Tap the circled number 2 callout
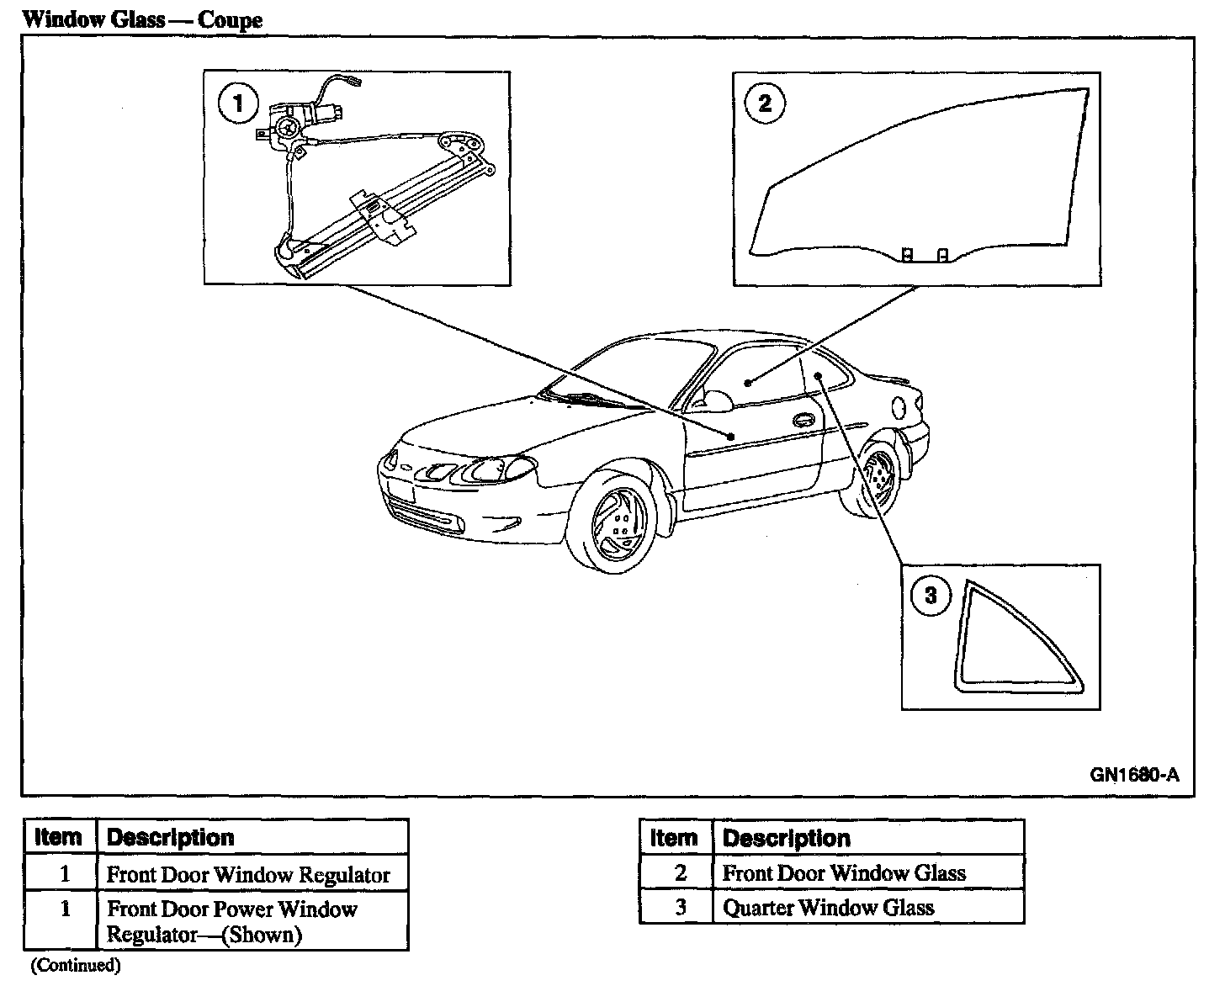(764, 103)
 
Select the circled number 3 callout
(931, 596)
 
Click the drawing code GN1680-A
(1135, 775)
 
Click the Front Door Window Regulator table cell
(248, 875)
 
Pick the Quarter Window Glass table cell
(829, 908)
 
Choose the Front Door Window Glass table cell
(844, 873)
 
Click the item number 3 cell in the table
(680, 908)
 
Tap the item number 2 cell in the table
(680, 873)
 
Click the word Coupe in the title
(230, 19)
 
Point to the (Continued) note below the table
(76, 966)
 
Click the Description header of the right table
(787, 838)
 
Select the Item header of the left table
(59, 837)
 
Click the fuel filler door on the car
(899, 407)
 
